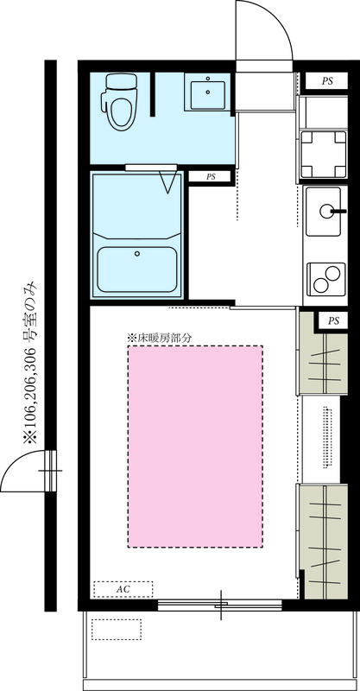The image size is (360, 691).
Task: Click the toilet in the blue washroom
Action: point(119,101)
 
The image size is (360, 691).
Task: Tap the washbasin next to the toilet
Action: point(207,92)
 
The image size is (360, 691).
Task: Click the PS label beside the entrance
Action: point(327,81)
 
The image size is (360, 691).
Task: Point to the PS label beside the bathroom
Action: point(211,177)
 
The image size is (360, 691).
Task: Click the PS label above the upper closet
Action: point(333,320)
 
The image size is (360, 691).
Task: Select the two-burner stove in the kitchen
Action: point(326,279)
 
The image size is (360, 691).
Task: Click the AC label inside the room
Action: point(123,589)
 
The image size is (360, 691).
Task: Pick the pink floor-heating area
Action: point(195,447)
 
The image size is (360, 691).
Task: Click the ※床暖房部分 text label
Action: point(160,338)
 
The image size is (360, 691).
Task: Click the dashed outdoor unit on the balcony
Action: point(117,630)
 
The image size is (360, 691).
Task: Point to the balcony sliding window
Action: point(220,605)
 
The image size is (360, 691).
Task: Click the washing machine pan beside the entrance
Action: point(324,155)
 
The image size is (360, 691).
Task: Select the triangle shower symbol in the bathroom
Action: point(168,183)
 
